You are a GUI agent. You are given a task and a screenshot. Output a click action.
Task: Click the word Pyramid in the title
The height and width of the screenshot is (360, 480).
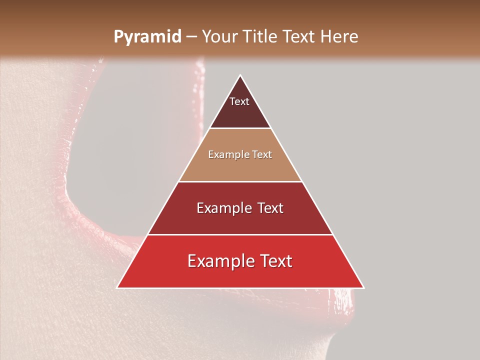pos(147,37)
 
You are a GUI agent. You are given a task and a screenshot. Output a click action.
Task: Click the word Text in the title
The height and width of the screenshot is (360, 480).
pos(299,36)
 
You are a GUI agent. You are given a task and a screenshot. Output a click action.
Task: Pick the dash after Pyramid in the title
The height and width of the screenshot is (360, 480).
pos(191,37)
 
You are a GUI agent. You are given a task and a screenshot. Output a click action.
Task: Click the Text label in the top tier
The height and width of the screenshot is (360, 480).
pos(239,101)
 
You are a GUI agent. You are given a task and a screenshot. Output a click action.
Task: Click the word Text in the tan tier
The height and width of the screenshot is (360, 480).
pos(262,155)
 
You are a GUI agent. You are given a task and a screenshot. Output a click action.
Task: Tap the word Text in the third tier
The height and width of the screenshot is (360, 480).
pos(269,208)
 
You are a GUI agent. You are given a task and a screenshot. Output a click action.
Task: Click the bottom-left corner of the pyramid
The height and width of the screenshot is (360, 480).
pos(117,287)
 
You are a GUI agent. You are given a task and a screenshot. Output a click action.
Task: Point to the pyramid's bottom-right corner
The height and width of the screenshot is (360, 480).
pos(363,287)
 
